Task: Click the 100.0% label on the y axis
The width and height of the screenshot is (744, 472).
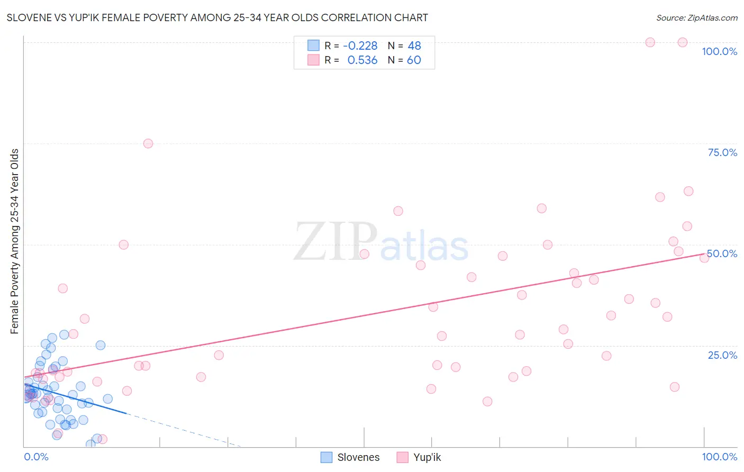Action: (719, 51)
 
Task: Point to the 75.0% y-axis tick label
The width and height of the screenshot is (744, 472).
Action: (722, 152)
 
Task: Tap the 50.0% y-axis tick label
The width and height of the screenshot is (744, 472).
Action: (722, 253)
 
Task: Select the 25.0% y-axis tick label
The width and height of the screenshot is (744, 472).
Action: (722, 355)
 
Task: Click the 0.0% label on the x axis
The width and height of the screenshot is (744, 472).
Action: (36, 457)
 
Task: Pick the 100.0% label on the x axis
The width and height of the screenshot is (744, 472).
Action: (719, 457)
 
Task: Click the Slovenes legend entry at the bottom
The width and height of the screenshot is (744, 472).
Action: (358, 457)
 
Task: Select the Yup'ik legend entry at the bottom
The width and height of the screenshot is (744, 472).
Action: (427, 457)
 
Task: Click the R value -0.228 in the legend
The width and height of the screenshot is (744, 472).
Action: (360, 46)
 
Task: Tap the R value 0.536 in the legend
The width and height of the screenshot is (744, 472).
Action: (362, 60)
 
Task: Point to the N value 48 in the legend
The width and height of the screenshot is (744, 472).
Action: (414, 46)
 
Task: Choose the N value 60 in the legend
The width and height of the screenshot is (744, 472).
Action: (414, 60)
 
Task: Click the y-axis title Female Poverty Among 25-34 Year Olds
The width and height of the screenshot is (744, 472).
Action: (14, 241)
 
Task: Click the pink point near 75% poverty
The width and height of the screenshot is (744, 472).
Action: (148, 143)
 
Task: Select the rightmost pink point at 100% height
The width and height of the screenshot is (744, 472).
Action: (683, 42)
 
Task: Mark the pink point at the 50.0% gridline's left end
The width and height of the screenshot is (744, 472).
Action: (124, 244)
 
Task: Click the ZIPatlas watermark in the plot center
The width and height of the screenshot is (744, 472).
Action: (381, 242)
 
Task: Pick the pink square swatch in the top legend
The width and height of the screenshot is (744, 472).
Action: (313, 60)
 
